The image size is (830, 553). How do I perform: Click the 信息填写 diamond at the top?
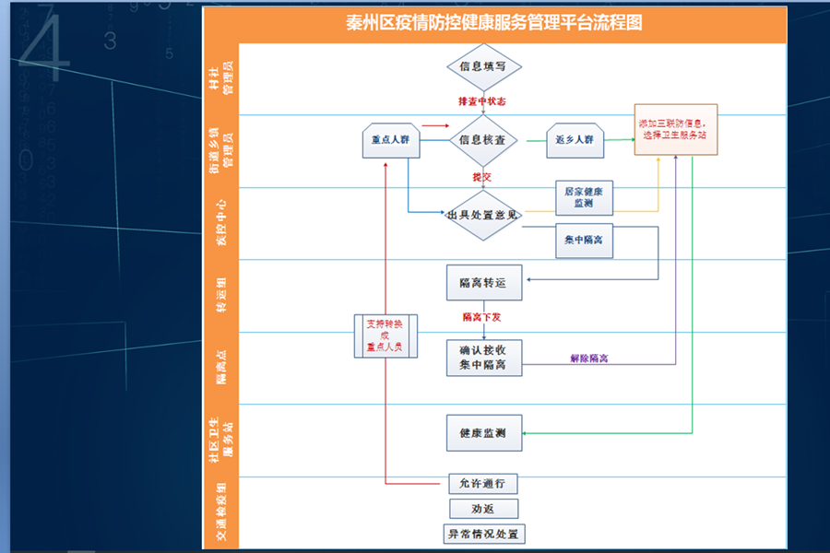(x=483, y=66)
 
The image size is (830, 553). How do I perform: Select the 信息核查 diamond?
(x=483, y=140)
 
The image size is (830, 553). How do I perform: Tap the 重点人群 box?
(x=390, y=140)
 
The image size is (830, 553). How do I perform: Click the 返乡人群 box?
(x=575, y=140)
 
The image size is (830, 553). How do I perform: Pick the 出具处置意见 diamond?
(x=483, y=216)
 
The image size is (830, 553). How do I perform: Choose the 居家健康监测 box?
(x=584, y=197)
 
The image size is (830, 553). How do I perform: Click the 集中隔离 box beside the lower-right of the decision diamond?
(x=584, y=240)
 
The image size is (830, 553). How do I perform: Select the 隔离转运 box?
(x=483, y=282)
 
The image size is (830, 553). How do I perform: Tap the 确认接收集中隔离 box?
(x=483, y=358)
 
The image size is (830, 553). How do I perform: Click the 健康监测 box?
(x=483, y=433)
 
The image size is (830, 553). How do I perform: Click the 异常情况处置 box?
(x=483, y=534)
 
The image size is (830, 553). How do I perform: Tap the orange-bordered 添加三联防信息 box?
(x=676, y=129)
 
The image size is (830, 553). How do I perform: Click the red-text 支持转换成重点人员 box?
(x=385, y=336)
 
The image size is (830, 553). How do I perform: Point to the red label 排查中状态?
(x=480, y=100)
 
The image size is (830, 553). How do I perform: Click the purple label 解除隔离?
(x=590, y=358)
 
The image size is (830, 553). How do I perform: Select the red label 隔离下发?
(x=481, y=317)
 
